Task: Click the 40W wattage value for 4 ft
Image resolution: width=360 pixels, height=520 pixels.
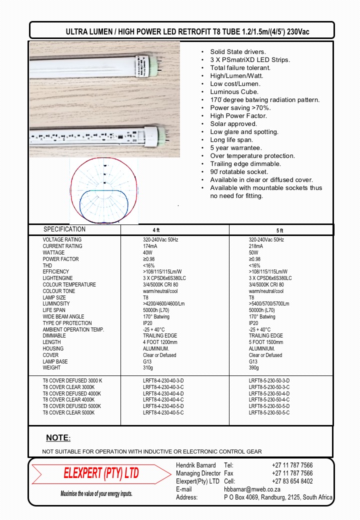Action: pos(147,253)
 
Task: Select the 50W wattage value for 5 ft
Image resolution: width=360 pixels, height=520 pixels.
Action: pos(253,253)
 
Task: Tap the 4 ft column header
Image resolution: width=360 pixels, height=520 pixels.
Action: pos(155,230)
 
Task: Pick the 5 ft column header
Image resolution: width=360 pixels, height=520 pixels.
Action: pos(279,230)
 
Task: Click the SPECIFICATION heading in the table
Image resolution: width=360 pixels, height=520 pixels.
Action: pos(64,229)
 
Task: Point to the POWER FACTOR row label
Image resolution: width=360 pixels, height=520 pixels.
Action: pos(60,259)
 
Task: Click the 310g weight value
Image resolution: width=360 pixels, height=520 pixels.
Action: pos(148,368)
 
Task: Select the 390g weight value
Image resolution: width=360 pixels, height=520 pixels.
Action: pos(254,368)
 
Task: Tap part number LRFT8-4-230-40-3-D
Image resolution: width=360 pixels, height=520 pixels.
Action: pos(163,381)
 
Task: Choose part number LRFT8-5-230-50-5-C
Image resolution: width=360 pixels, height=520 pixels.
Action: pos(269,413)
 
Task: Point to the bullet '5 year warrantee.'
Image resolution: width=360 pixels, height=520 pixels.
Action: pos(236,148)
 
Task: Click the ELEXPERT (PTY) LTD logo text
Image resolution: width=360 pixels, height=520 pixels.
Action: pos(101,473)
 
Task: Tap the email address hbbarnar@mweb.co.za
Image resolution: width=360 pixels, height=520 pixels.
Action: pos(251,489)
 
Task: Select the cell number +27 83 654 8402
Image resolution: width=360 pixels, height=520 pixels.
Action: pos(292,481)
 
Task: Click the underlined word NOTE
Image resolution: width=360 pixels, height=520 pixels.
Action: pos(57,438)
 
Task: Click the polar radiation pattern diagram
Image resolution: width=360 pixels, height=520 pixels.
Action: pos(103,191)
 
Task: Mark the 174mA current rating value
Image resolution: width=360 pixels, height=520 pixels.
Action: pos(150,246)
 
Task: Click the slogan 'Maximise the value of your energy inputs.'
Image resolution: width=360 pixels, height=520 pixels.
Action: pos(96,494)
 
